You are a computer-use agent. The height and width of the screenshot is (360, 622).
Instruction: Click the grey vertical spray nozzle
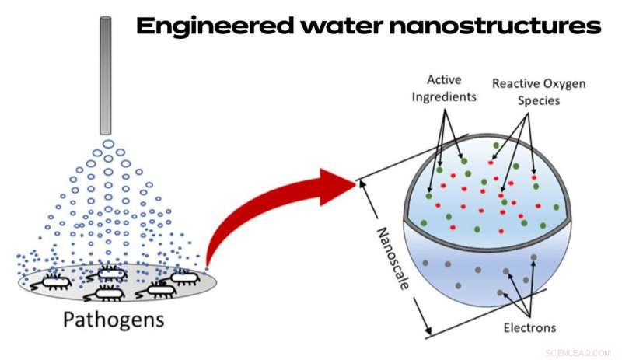105,74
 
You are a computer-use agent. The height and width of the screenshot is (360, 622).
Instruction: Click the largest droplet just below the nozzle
108,145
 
